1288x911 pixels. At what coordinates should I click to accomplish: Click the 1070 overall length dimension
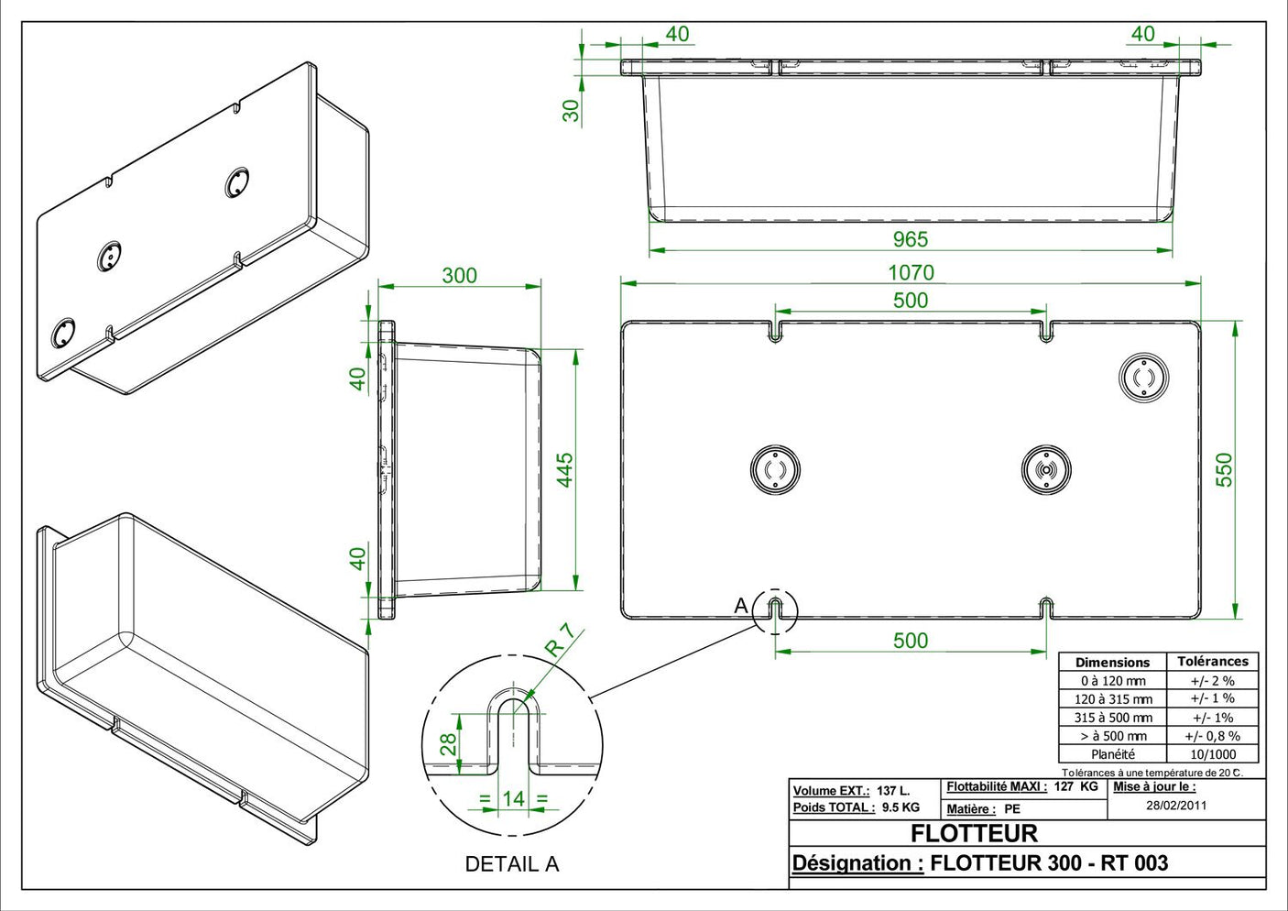pos(911,272)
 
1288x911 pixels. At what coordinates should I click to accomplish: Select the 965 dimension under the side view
pos(910,239)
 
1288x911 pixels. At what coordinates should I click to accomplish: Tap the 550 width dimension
pos(1224,469)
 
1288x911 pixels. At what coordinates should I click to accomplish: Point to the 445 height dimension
pos(565,469)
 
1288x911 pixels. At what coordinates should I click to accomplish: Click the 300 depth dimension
pos(459,275)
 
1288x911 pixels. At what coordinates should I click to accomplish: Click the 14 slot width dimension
pos(513,798)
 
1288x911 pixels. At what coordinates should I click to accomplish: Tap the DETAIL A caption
pos(511,863)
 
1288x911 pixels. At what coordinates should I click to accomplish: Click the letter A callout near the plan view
pos(741,606)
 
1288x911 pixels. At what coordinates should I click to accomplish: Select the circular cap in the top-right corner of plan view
pos(1143,378)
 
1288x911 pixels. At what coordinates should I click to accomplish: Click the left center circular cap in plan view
pos(775,469)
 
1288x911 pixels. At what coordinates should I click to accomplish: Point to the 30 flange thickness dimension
pos(571,110)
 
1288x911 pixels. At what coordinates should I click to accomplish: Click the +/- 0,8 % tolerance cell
pos(1212,736)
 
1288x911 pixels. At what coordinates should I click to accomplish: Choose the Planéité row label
pos(1112,754)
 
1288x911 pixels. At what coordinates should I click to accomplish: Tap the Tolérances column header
pos(1212,661)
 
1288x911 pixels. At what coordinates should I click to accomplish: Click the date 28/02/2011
pos(1176,806)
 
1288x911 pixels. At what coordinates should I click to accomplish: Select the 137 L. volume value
pos(893,790)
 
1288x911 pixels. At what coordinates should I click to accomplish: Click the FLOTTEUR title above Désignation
pos(974,833)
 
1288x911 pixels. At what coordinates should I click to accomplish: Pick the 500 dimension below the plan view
pos(910,640)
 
